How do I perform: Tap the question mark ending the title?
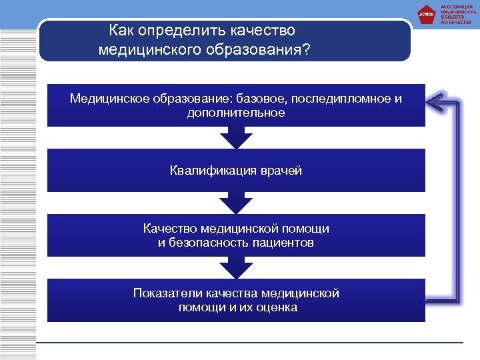coord(306,50)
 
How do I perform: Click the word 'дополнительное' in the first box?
coord(236,113)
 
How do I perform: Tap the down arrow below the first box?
coord(236,138)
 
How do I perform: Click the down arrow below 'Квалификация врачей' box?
coord(236,203)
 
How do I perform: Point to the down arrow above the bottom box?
coord(236,268)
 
